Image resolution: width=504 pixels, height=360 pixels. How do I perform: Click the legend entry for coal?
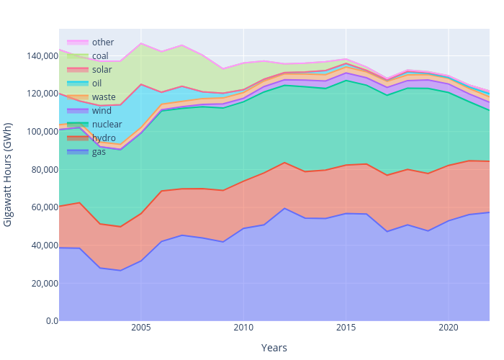pyautogui.click(x=101, y=56)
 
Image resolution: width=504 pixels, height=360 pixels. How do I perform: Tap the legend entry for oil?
pyautogui.click(x=97, y=84)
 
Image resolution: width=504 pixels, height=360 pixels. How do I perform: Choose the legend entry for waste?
pyautogui.click(x=104, y=97)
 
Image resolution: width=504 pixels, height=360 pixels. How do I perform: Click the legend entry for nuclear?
pyautogui.click(x=107, y=125)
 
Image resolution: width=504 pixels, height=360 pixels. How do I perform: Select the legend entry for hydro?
pyautogui.click(x=104, y=138)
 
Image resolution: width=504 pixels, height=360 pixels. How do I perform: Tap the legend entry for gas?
pyautogui.click(x=99, y=152)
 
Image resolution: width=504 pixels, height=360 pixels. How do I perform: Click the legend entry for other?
pyautogui.click(x=102, y=42)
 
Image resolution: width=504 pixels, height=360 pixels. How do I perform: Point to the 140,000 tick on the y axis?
pyautogui.click(x=40, y=56)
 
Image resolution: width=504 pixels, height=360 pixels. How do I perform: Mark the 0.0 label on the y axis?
pyautogui.click(x=50, y=321)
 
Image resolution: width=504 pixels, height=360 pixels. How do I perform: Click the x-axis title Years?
pyautogui.click(x=274, y=348)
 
